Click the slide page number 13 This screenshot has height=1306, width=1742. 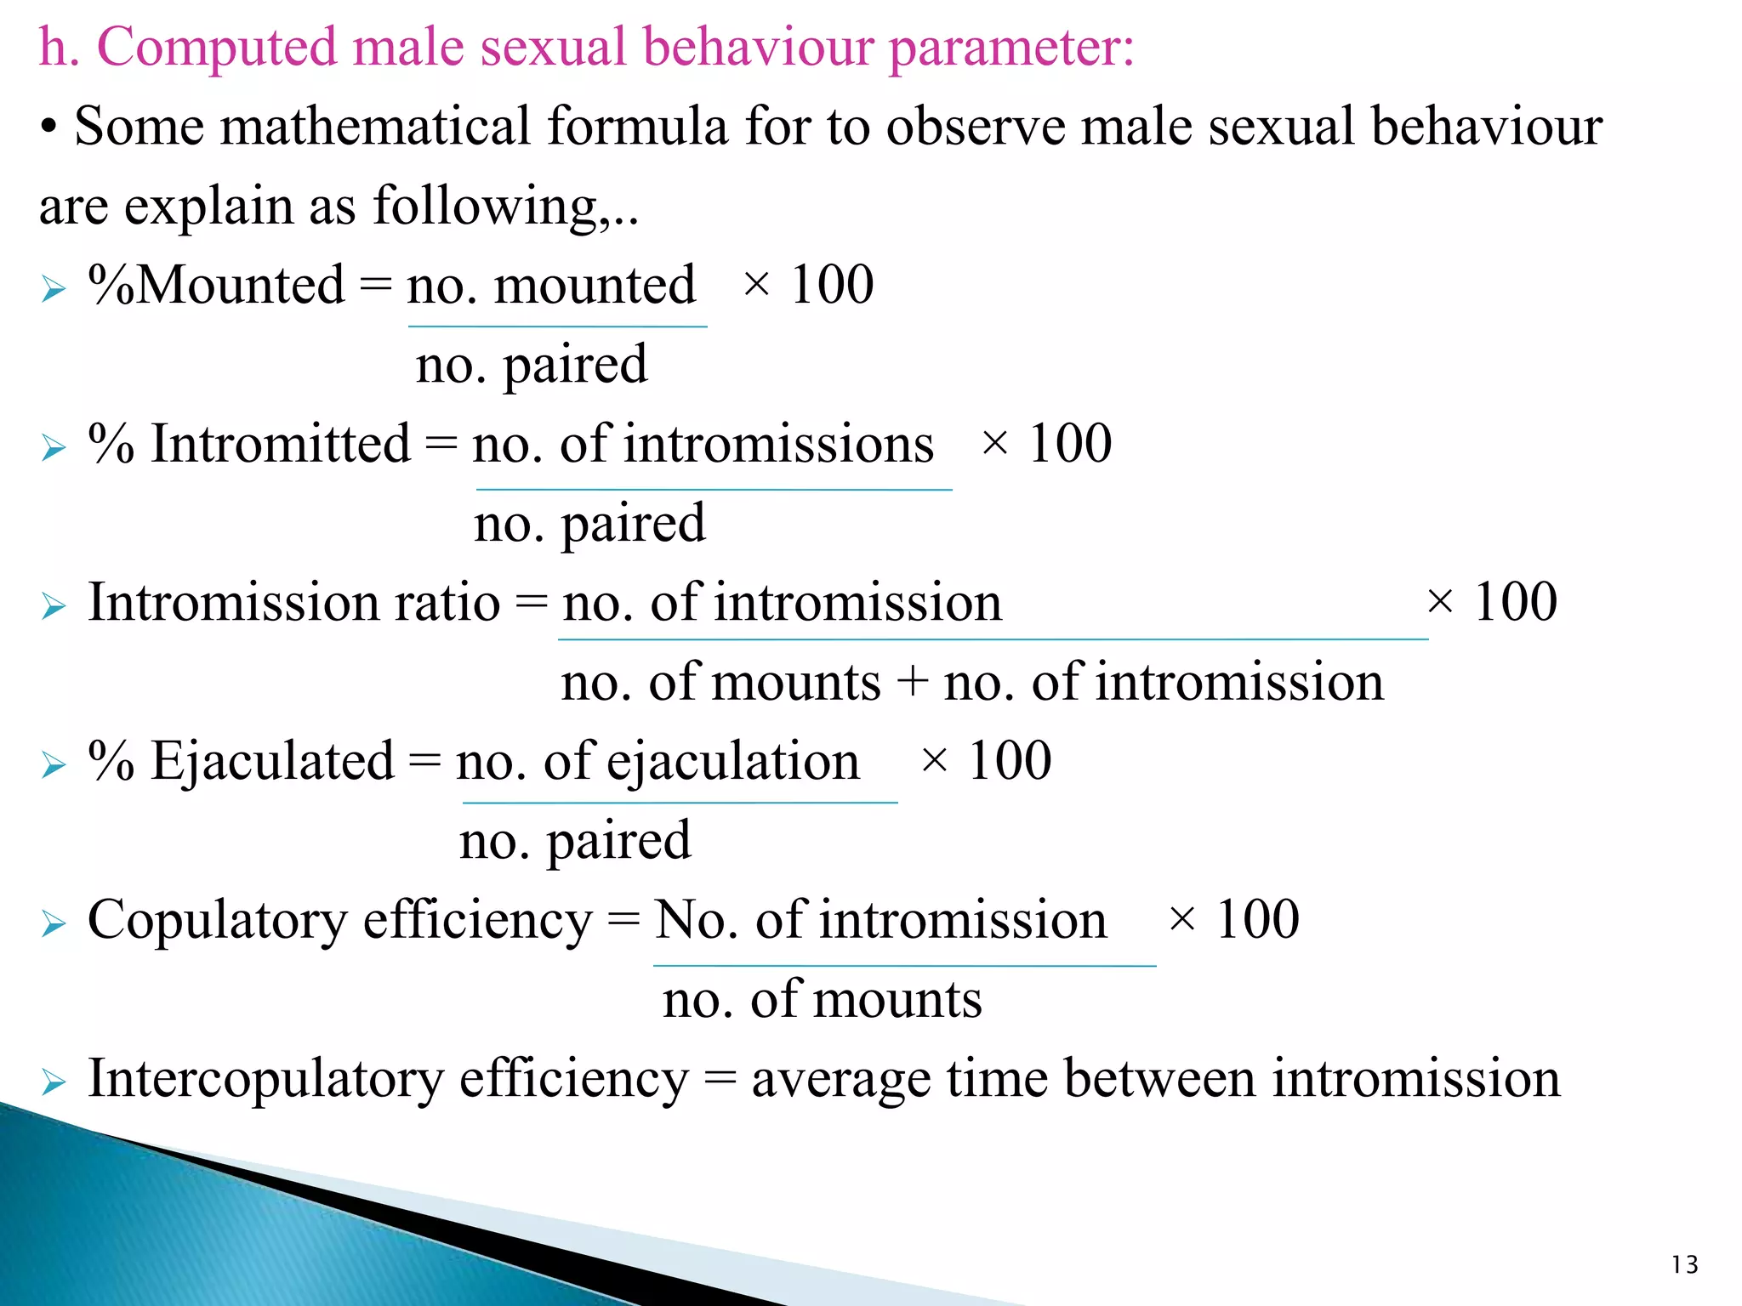[1684, 1265]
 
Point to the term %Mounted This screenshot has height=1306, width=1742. [217, 285]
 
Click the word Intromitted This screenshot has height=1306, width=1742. [281, 444]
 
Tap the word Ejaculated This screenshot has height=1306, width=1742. [272, 761]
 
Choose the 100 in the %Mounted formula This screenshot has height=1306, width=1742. [832, 285]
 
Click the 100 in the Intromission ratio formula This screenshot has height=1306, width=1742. [1516, 603]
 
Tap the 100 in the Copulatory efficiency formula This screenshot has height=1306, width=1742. [1257, 920]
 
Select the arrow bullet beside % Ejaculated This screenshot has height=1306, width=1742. [54, 765]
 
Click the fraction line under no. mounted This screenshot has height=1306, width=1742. [557, 326]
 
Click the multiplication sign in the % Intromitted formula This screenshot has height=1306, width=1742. [994, 443]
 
